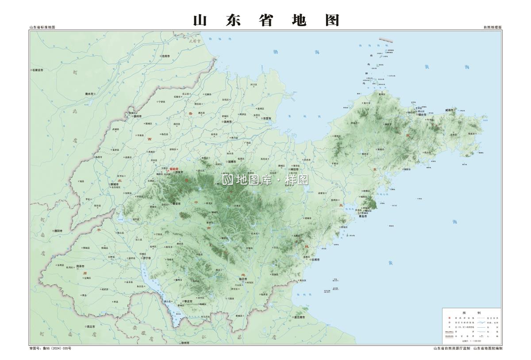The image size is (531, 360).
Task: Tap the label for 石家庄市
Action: point(37,70)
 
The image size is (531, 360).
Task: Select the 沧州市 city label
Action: point(166,57)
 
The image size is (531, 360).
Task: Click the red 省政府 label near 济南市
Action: point(173,169)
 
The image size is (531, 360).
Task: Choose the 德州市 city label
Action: point(138,116)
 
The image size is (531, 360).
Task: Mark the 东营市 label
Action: point(267,118)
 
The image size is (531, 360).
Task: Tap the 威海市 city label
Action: point(450,110)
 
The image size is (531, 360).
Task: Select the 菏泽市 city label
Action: point(81,266)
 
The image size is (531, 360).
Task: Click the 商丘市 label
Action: point(91,326)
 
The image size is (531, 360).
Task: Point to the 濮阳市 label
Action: point(58,231)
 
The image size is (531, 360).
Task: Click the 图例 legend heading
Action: point(471,312)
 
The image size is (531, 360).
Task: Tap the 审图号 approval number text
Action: point(50,349)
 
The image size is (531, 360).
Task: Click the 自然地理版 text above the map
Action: point(493,27)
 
